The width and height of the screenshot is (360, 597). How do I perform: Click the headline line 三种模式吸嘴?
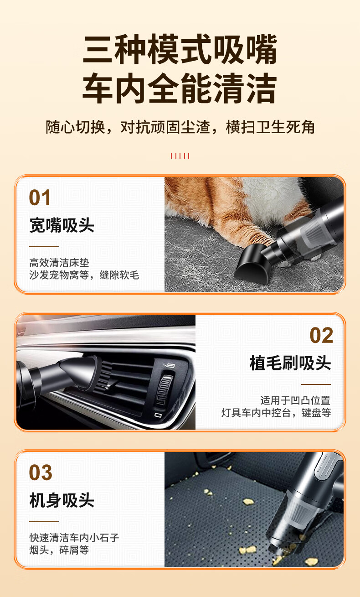[180, 50]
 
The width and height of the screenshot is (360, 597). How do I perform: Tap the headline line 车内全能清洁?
[180, 88]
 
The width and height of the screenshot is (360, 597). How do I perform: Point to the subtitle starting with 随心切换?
[180, 127]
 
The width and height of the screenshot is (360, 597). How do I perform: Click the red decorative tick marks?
[180, 156]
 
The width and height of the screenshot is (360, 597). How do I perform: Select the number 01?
[40, 197]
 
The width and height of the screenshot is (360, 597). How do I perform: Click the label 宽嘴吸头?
[62, 225]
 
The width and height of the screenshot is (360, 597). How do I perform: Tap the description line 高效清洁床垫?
[59, 263]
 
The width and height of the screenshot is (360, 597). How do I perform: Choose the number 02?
[321, 335]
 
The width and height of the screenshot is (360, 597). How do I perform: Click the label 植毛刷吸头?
[290, 363]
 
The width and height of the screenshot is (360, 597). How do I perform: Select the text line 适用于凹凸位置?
[295, 400]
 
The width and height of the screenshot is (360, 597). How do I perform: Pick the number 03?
[40, 472]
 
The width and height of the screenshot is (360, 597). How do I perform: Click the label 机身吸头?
[62, 500]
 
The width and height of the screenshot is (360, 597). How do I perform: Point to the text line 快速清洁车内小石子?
[74, 538]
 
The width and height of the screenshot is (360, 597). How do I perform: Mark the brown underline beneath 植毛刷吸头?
[316, 384]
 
